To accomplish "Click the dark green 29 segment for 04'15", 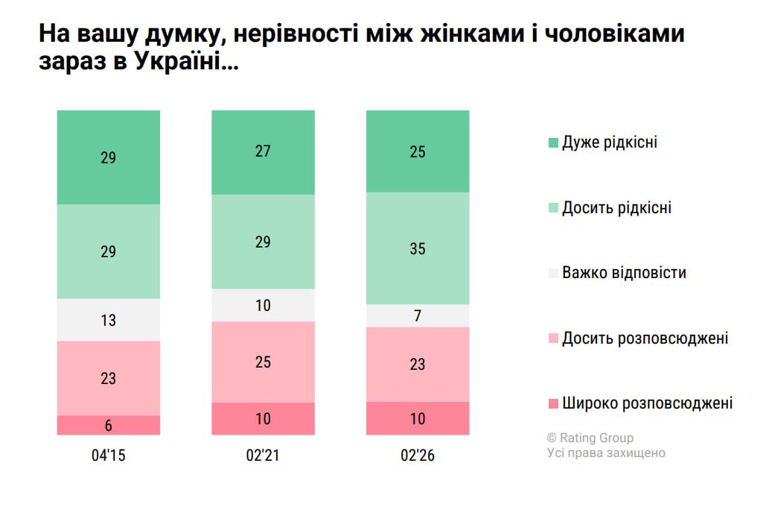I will pyautogui.click(x=109, y=157).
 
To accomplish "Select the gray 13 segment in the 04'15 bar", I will pyautogui.click(x=109, y=320).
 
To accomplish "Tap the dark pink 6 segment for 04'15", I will pyautogui.click(x=109, y=425).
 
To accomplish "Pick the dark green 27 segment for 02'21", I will pyautogui.click(x=263, y=152).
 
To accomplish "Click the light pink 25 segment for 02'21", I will pyautogui.click(x=263, y=362).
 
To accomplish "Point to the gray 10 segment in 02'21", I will pyautogui.click(x=263, y=305).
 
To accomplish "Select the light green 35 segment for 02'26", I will pyautogui.click(x=418, y=248).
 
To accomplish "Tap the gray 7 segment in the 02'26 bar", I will pyautogui.click(x=418, y=315).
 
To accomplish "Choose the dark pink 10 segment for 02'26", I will pyautogui.click(x=418, y=418).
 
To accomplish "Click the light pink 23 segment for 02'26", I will pyautogui.click(x=418, y=364).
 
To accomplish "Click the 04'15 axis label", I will pyautogui.click(x=109, y=456).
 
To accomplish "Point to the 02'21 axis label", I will pyautogui.click(x=263, y=456).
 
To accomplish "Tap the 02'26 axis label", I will pyautogui.click(x=418, y=456).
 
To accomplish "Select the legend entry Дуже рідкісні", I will pyautogui.click(x=610, y=142).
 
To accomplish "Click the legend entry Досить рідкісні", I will pyautogui.click(x=616, y=207).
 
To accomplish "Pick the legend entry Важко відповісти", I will pyautogui.click(x=624, y=273).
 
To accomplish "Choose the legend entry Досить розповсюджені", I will pyautogui.click(x=645, y=338).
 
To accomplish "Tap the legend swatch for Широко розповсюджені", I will pyautogui.click(x=553, y=403).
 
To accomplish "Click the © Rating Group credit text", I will pyautogui.click(x=590, y=438).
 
